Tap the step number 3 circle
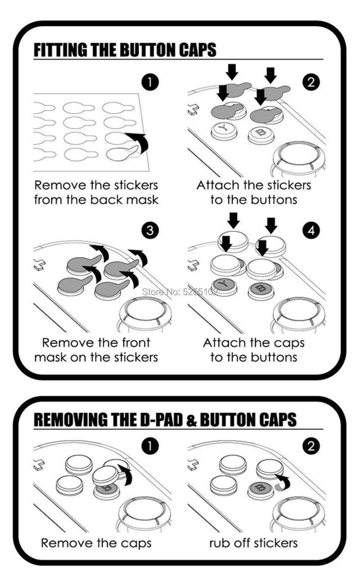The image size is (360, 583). [x=150, y=230]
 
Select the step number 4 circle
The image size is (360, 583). [x=311, y=230]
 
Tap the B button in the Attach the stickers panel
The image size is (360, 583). [x=261, y=135]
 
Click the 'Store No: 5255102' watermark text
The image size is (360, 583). [x=180, y=292]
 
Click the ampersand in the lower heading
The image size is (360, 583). [x=191, y=420]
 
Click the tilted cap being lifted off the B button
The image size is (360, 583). [x=106, y=475]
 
